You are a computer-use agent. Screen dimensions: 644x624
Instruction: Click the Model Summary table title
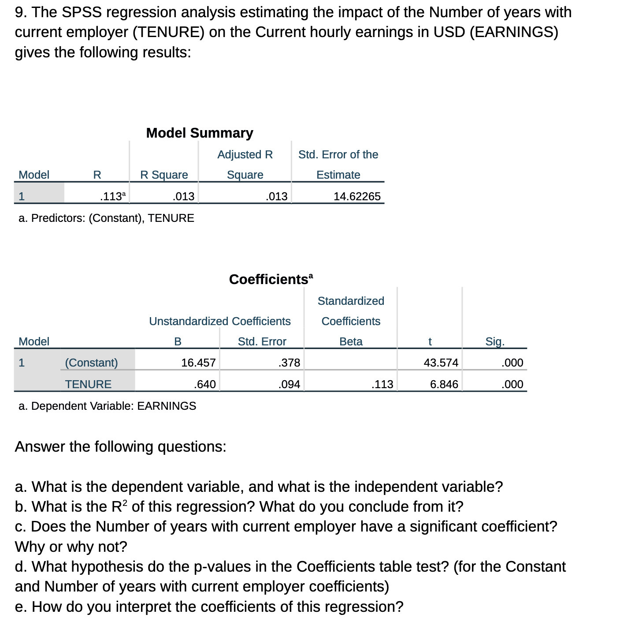point(200,133)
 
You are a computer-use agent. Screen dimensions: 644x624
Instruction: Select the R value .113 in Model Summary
point(112,196)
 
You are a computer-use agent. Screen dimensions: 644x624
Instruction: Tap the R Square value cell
point(183,196)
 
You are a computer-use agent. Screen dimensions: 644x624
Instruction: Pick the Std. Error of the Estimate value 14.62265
point(357,196)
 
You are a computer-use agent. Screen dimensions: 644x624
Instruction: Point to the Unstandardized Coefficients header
point(219,321)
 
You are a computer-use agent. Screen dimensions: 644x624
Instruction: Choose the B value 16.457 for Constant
point(198,363)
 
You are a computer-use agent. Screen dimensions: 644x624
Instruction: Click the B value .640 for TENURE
point(205,384)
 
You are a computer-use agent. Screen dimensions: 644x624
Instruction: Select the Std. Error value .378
point(289,363)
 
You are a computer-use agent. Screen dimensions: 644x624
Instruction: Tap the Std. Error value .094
point(289,384)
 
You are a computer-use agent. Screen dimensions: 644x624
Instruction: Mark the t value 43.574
point(441,363)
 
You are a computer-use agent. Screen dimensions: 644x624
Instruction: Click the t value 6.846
point(444,384)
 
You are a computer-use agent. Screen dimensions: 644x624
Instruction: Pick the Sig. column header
point(495,341)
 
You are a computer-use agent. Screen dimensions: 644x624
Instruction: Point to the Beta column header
point(351,341)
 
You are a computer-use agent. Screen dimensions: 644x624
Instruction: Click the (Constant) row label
point(91,363)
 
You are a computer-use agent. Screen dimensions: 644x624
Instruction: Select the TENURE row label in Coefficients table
point(88,384)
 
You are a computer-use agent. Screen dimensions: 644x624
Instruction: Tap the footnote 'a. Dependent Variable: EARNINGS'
point(107,406)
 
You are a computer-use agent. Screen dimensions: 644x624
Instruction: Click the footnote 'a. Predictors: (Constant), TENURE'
point(106,218)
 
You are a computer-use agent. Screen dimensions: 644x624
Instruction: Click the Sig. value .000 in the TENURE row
point(513,384)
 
